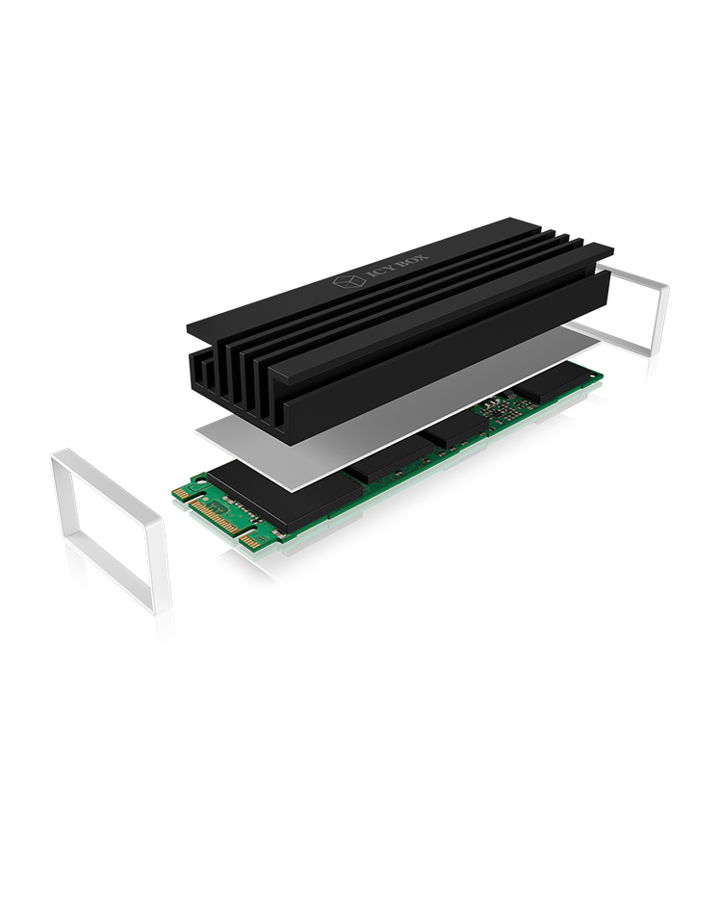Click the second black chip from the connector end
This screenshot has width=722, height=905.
tap(385, 459)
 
